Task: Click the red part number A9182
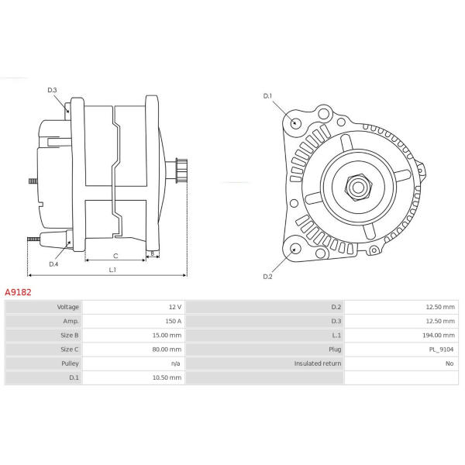pyautogui.click(x=18, y=292)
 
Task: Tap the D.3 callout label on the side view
pyautogui.click(x=52, y=90)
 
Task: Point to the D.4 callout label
pyautogui.click(x=53, y=264)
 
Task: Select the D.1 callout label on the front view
pyautogui.click(x=267, y=96)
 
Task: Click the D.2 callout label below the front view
pyautogui.click(x=267, y=277)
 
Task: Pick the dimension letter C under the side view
pyautogui.click(x=115, y=256)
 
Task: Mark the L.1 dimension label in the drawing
pyautogui.click(x=112, y=270)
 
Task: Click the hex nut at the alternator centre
pyautogui.click(x=358, y=187)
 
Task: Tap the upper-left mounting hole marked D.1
pyautogui.click(x=295, y=122)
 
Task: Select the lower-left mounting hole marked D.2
pyautogui.click(x=295, y=249)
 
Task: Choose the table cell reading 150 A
pyautogui.click(x=174, y=321)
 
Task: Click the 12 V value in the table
pyautogui.click(x=175, y=307)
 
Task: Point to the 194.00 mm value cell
pyautogui.click(x=439, y=335)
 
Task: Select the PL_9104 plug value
pyautogui.click(x=442, y=350)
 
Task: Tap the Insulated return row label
pyautogui.click(x=318, y=363)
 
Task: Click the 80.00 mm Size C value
pyautogui.click(x=167, y=350)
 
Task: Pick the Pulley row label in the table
pyautogui.click(x=70, y=363)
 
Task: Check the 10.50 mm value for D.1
pyautogui.click(x=167, y=377)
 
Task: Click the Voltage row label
pyautogui.click(x=68, y=307)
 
